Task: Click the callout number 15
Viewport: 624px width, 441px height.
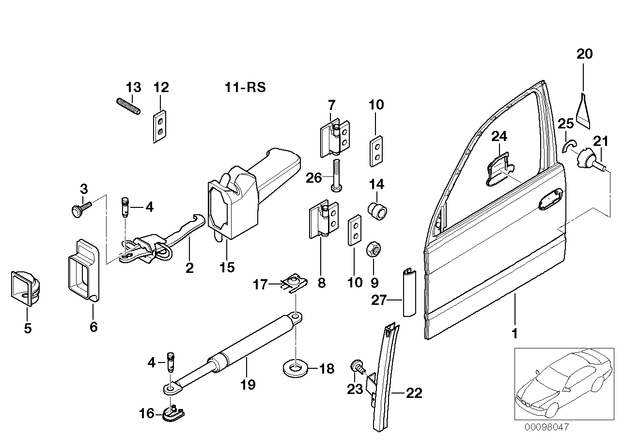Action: [x=226, y=267]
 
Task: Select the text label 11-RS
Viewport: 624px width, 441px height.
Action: [x=245, y=88]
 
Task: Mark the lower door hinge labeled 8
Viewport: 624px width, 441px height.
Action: [x=322, y=222]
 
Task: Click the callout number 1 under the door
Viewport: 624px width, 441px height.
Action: [x=515, y=334]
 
